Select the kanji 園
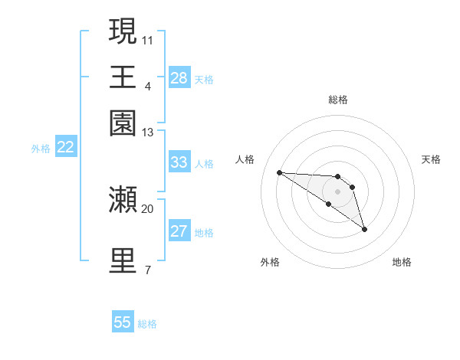pos(123,123)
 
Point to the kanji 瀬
pos(123,198)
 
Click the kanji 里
pos(123,260)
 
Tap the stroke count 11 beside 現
pos(148,40)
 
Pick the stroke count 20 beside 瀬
pos(147,208)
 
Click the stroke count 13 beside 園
pos(148,133)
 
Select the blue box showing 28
pos(179,78)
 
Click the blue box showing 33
pos(179,162)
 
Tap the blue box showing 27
pos(179,231)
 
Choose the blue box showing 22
pos(65,147)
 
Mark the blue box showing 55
pos(123,322)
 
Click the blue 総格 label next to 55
pos(147,324)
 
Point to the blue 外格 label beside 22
pos(41,149)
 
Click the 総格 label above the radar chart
pos(337,100)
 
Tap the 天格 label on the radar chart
pos(431,159)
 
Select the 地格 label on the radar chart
pos(402,263)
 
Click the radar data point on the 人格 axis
pos(279,172)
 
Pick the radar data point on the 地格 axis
pos(364,228)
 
